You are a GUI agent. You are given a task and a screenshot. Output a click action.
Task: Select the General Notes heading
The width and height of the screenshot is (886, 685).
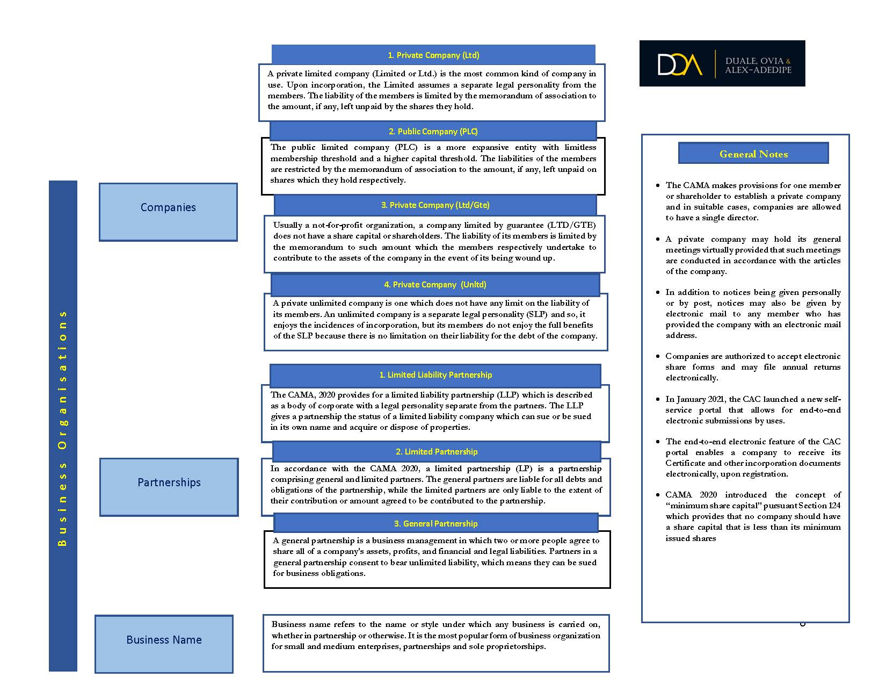(x=753, y=154)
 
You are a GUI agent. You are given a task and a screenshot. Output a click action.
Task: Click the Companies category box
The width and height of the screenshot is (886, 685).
(x=168, y=211)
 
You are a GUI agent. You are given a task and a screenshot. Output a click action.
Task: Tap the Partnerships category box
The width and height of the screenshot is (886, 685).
(x=169, y=486)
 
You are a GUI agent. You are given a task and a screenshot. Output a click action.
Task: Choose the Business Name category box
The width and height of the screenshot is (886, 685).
(x=164, y=643)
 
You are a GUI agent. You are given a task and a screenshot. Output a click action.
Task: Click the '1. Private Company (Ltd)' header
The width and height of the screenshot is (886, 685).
(x=433, y=55)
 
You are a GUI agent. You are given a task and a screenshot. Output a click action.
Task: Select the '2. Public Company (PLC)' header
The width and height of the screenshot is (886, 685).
(x=433, y=132)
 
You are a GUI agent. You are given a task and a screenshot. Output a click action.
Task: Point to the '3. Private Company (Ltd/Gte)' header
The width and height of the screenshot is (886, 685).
(x=435, y=205)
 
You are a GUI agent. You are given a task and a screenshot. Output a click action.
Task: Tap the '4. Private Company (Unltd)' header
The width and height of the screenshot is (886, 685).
(x=435, y=285)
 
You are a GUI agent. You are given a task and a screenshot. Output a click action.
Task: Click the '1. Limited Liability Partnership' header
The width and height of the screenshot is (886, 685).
(x=435, y=375)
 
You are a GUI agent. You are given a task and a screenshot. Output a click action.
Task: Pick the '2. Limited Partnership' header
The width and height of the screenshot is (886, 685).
(x=437, y=452)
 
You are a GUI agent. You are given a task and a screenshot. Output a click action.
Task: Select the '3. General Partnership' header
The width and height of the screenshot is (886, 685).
(x=436, y=524)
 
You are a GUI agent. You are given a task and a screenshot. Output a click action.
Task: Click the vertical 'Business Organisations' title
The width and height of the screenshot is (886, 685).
(x=63, y=428)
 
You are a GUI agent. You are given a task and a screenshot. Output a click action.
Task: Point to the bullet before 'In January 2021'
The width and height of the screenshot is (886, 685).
(x=658, y=399)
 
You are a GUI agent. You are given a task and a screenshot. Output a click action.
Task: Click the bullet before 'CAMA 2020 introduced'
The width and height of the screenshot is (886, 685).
(x=658, y=495)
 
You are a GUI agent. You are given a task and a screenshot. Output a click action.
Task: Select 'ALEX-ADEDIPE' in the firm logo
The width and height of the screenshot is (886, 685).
(x=758, y=70)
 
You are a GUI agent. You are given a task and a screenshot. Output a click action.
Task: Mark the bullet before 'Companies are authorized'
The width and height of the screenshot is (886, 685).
(x=658, y=356)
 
